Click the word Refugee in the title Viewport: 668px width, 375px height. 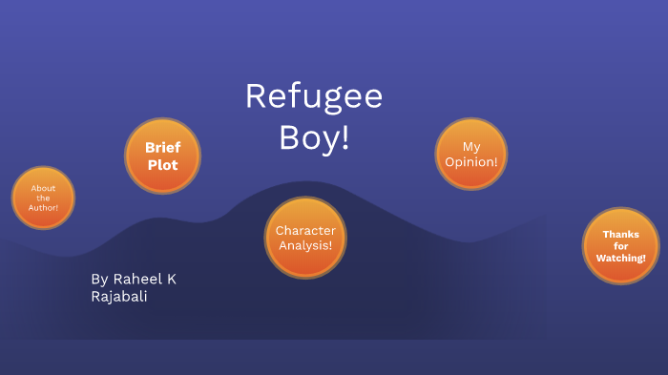(x=314, y=97)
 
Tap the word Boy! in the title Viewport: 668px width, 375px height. (x=314, y=137)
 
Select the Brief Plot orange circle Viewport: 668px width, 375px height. (x=162, y=156)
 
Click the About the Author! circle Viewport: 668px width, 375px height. (x=43, y=198)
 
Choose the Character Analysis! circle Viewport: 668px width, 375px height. (x=304, y=238)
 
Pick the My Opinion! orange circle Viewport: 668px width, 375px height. (x=470, y=154)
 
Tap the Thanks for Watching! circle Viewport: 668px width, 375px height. (x=620, y=246)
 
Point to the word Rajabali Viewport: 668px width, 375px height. (x=119, y=297)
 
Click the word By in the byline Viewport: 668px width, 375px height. (x=99, y=280)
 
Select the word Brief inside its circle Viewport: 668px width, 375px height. (x=162, y=148)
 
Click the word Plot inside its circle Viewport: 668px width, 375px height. (x=162, y=164)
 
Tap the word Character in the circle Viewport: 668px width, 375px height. (x=304, y=231)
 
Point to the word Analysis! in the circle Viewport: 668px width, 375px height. (x=304, y=245)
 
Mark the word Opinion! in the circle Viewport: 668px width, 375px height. (x=470, y=161)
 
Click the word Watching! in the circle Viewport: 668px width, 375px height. (x=620, y=259)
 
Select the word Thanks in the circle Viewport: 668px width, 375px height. (x=620, y=234)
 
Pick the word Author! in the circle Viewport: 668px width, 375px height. (x=43, y=207)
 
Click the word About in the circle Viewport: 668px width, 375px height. (x=43, y=188)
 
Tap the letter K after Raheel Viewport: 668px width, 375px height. (x=171, y=280)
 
